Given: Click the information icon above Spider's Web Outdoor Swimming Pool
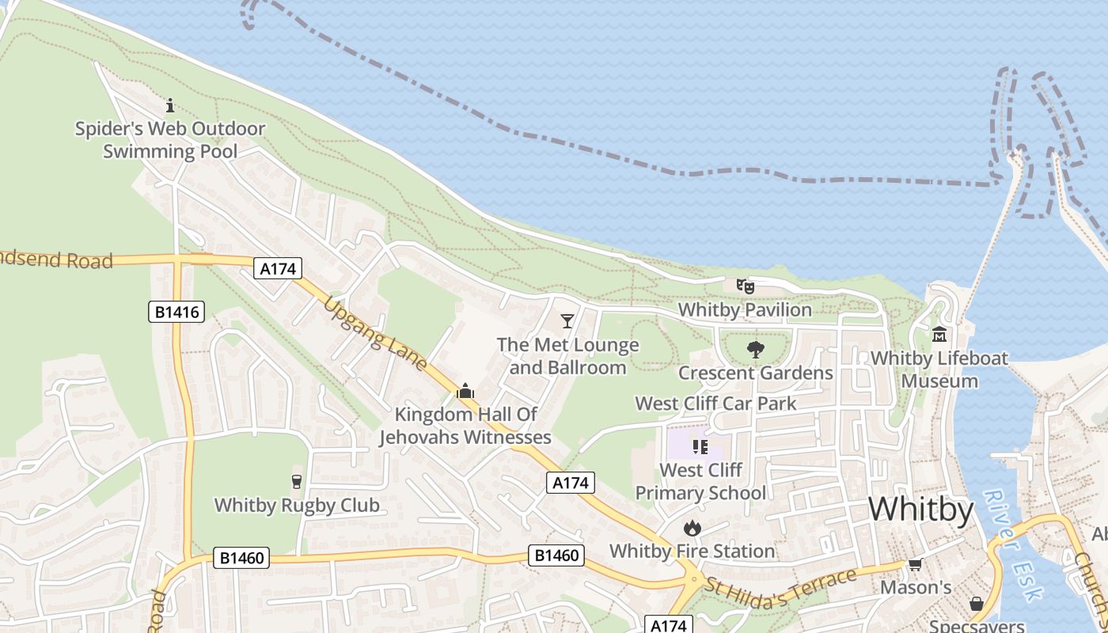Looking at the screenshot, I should (x=169, y=105).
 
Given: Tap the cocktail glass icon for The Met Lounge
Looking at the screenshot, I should (x=567, y=320).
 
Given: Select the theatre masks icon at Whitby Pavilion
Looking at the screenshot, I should (x=745, y=286).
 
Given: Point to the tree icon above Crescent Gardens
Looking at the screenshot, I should (x=755, y=349).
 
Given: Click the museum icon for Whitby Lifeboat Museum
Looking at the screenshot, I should (x=939, y=335).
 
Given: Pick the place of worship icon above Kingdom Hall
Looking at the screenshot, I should (x=465, y=391).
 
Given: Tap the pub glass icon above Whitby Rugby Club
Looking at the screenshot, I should (x=297, y=482).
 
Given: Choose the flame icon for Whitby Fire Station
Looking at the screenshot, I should (x=692, y=528).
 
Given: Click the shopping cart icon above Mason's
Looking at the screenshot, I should (x=916, y=564).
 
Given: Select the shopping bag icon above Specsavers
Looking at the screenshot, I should (x=977, y=604).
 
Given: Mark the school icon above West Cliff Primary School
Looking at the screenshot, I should (x=700, y=447).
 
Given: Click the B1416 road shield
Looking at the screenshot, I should (x=176, y=312).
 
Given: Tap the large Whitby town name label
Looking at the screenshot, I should (x=920, y=510).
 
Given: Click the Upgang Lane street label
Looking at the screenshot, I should (x=376, y=335).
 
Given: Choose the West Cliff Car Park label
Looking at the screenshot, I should (x=715, y=404).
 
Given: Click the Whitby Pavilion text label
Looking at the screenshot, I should (x=745, y=309).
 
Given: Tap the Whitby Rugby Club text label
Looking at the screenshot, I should (x=297, y=505).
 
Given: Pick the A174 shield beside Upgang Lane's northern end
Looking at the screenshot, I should (x=278, y=269).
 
